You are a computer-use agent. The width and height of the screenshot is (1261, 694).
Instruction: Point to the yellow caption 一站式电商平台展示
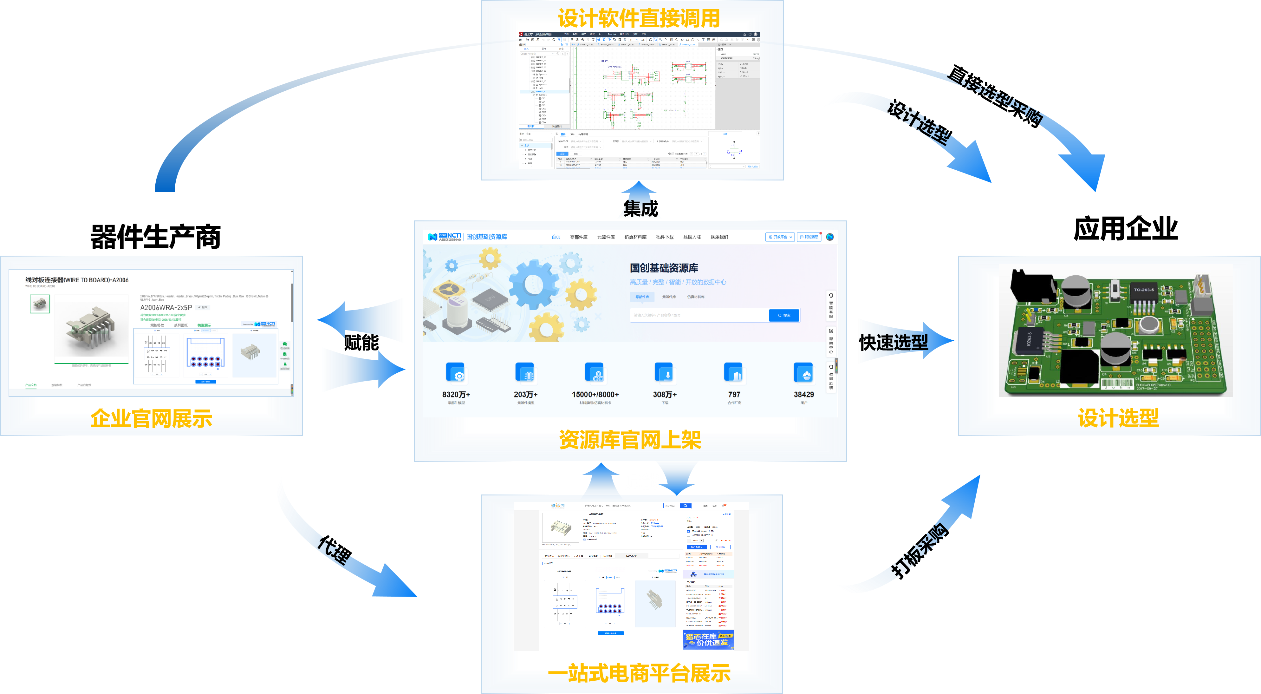click(x=639, y=673)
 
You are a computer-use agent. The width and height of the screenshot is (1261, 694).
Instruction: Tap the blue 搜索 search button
click(x=784, y=315)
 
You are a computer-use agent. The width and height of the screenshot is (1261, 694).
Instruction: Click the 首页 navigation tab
click(x=556, y=237)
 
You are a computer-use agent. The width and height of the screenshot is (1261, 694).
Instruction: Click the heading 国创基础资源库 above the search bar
click(x=664, y=268)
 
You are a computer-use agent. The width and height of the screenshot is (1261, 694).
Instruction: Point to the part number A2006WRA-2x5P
click(x=166, y=308)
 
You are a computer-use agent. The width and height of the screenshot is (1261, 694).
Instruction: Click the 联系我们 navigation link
click(x=719, y=237)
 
